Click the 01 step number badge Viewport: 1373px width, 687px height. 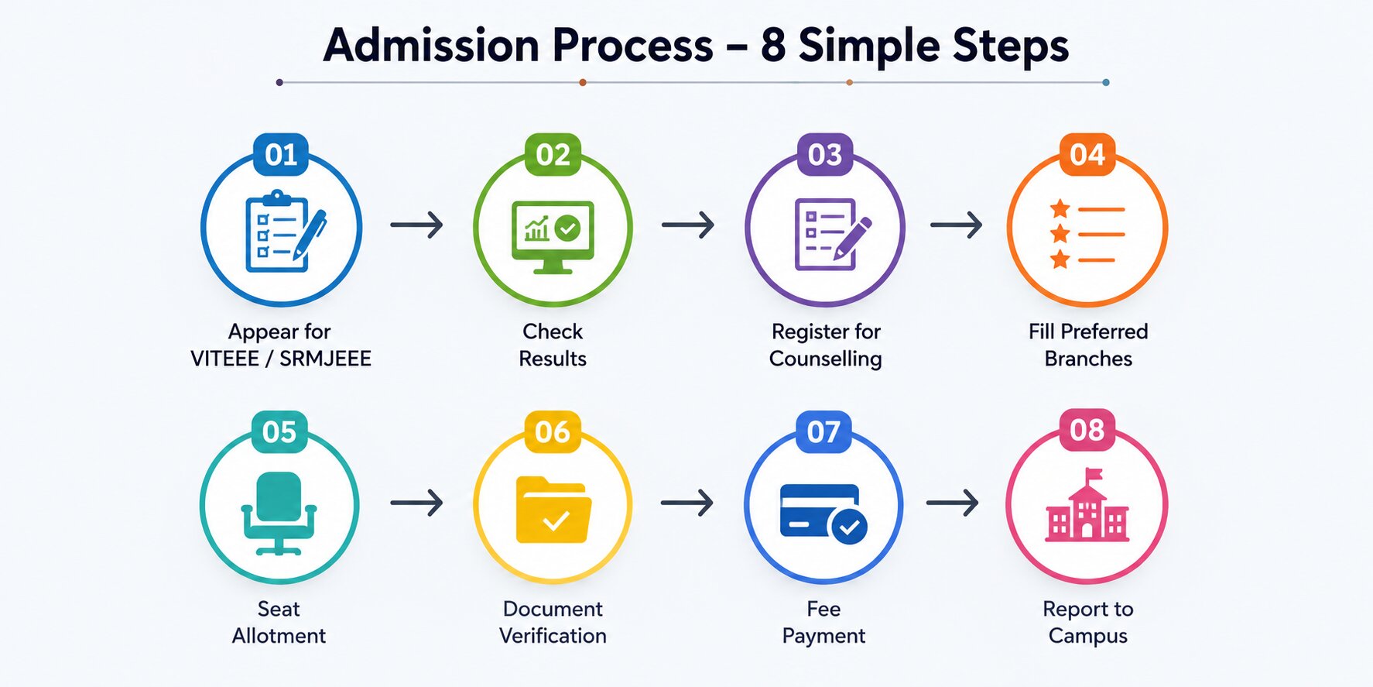click(280, 155)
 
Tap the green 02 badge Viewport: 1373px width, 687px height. click(553, 155)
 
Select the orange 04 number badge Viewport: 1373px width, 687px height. click(1087, 155)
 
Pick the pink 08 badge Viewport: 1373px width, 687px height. click(1087, 430)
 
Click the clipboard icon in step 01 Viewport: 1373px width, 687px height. click(285, 232)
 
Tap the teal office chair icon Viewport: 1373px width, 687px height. click(279, 513)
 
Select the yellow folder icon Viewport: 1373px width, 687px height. click(553, 510)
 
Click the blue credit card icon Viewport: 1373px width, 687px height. click(823, 514)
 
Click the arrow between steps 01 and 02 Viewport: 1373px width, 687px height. click(416, 225)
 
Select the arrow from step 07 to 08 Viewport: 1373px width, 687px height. click(952, 503)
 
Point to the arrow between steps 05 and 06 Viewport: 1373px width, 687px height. click(416, 503)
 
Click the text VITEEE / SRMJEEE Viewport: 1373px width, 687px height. click(281, 359)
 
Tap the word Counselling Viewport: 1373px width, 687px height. click(825, 359)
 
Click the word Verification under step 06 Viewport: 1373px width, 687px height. click(553, 636)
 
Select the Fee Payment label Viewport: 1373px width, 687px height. click(823, 622)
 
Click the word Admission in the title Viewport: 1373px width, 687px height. click(431, 45)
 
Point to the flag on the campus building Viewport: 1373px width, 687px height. click(1094, 474)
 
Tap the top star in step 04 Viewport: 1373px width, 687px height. click(1060, 208)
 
